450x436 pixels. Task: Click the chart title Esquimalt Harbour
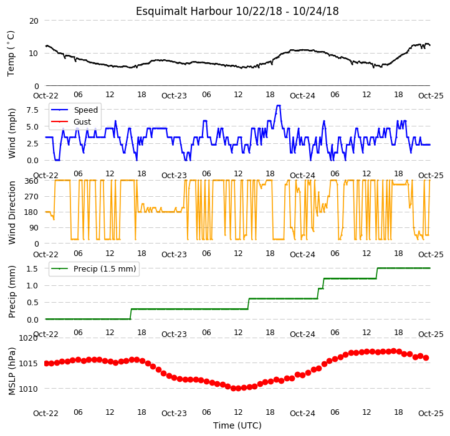[x=184, y=11]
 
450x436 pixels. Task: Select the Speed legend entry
[x=74, y=110]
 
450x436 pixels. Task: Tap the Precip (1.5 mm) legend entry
[x=93, y=269]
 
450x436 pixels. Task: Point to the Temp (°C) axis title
[x=11, y=54]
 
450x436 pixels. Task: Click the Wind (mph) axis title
[x=12, y=133]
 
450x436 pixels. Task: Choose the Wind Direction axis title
[x=12, y=212]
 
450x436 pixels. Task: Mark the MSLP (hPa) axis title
[x=12, y=371]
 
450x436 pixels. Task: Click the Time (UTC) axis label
[x=237, y=425]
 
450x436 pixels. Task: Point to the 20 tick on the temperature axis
[x=34, y=21]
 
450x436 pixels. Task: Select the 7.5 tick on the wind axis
[x=32, y=110]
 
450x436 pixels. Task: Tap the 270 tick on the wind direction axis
[x=32, y=197]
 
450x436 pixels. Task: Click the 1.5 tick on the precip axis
[x=32, y=269]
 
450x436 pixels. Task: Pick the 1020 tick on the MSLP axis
[x=29, y=338]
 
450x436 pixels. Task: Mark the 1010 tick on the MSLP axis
[x=29, y=389]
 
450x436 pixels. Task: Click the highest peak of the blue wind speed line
[x=278, y=105]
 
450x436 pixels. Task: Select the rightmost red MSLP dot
[x=426, y=358]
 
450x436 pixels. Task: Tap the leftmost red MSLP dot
[x=47, y=363]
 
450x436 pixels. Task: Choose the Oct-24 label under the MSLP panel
[x=302, y=414]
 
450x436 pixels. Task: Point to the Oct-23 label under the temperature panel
[x=174, y=95]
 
